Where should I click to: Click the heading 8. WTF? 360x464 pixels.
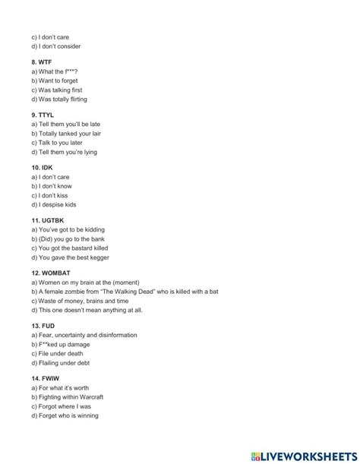(43, 62)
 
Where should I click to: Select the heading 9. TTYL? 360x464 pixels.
(44, 114)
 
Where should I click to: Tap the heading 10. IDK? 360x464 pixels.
(43, 167)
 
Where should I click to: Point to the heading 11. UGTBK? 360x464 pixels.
(48, 219)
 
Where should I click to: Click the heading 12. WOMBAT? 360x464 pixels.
(50, 273)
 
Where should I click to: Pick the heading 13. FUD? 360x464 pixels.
(43, 325)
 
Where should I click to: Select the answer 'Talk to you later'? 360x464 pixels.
(59, 142)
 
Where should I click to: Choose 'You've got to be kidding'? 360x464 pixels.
(68, 229)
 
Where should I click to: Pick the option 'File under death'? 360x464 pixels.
(58, 353)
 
